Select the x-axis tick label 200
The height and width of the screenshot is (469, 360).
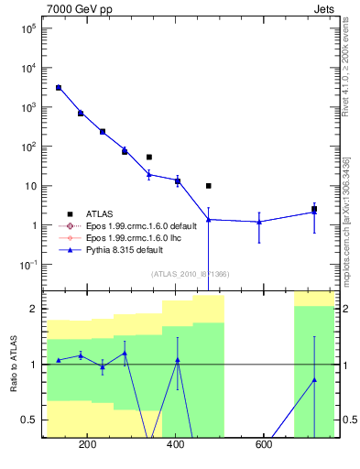[x=88, y=446]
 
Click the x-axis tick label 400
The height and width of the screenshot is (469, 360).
[x=175, y=446]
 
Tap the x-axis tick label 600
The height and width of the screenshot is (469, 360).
[x=263, y=446]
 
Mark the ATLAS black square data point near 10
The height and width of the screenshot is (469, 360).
[x=209, y=186]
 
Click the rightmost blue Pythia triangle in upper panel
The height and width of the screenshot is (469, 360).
[x=314, y=213]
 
